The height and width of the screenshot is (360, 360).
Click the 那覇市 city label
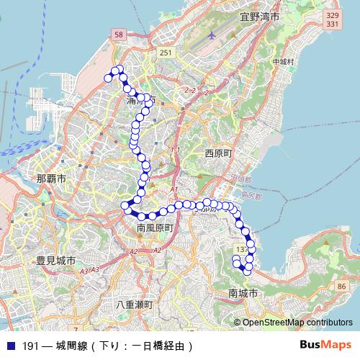(x=51, y=177)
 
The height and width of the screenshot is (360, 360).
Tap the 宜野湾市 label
(x=260, y=15)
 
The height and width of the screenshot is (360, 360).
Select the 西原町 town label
(x=219, y=153)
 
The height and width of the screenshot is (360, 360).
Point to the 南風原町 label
(x=156, y=228)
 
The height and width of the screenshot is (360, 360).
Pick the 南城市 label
(x=243, y=293)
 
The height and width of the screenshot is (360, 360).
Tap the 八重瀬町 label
(x=135, y=305)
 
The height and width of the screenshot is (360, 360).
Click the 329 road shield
(x=332, y=14)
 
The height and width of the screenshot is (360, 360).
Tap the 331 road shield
(x=332, y=24)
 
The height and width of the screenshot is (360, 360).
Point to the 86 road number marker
(x=341, y=286)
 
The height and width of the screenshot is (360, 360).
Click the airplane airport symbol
(x=211, y=35)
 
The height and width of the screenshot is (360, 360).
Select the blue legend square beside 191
(x=10, y=346)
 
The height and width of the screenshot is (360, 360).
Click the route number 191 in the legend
(x=30, y=346)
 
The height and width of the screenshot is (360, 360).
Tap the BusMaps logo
(x=325, y=345)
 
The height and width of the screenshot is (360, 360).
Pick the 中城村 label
(x=283, y=62)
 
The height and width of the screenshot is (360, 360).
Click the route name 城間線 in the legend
(x=73, y=346)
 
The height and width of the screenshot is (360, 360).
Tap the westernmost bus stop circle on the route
(x=109, y=77)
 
